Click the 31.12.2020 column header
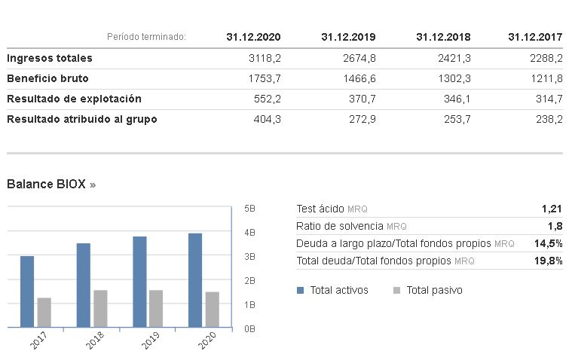pyautogui.click(x=253, y=37)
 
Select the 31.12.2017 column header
pyautogui.click(x=535, y=37)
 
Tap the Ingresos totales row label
pyautogui.click(x=50, y=58)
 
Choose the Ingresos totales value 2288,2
pyautogui.click(x=547, y=58)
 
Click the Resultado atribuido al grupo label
pyautogui.click(x=82, y=119)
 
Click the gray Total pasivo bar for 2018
pyautogui.click(x=100, y=309)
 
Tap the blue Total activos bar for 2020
pyautogui.click(x=195, y=280)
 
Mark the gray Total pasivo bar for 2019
pyautogui.click(x=156, y=309)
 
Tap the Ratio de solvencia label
pyautogui.click(x=340, y=226)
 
